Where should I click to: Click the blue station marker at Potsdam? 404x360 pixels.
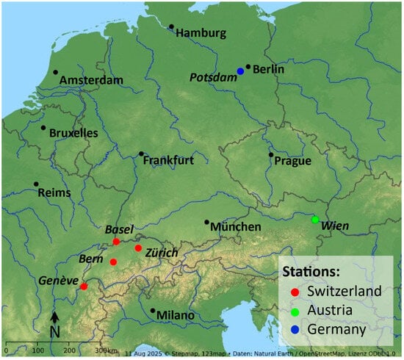pos(240,71)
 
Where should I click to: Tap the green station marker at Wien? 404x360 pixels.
pos(315,220)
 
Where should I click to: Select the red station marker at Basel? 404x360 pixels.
pos(116,242)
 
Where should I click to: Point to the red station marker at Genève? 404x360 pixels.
pos(84,287)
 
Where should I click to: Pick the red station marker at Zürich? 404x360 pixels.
pos(138,248)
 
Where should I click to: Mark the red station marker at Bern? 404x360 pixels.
pos(113,262)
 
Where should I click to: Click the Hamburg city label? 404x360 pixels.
pos(202,33)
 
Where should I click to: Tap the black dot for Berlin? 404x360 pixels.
pos(248,67)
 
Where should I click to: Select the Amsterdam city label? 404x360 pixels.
pos(92,79)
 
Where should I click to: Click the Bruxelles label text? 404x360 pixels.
pos(73,134)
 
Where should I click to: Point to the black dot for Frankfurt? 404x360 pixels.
pos(141,154)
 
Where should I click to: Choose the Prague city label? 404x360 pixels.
pos(292,161)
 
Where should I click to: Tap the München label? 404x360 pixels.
pos(236,227)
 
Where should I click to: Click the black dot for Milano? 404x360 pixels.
pos(153,311)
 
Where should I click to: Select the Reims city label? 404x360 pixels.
pos(55,192)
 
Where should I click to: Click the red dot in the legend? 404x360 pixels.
pos(295,292)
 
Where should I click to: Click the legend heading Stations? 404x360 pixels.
pos(321,271)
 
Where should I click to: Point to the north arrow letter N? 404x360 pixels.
pos(54,333)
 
